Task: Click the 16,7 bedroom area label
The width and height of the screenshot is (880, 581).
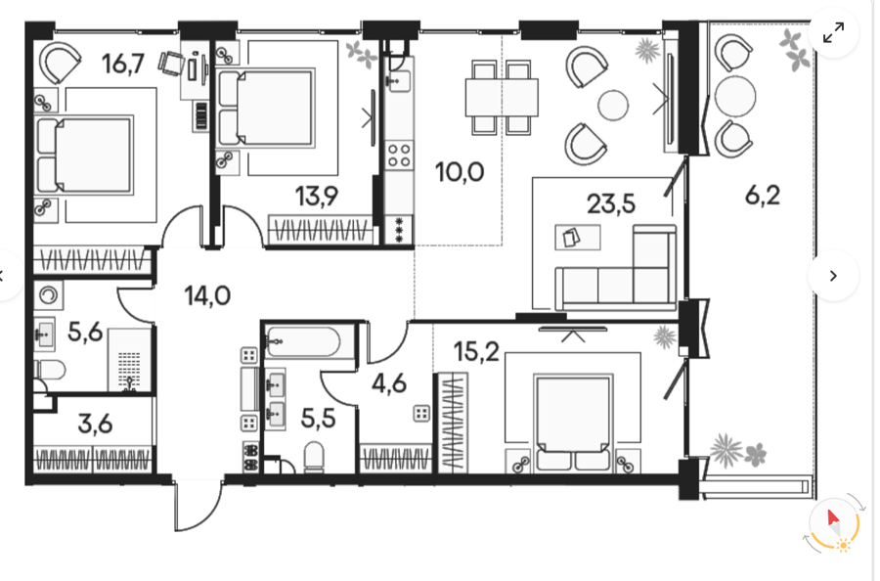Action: [x=123, y=64]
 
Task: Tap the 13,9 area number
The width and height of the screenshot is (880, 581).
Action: [x=317, y=197]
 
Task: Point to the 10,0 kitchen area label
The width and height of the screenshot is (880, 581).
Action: [x=460, y=172]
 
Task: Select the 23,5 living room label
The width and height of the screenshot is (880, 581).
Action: [x=611, y=203]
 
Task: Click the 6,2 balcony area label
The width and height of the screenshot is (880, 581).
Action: [x=763, y=196]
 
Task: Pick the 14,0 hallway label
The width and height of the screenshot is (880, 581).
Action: [x=207, y=295]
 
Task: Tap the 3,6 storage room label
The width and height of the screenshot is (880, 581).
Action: [x=96, y=424]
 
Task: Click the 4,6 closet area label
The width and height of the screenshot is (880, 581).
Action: [x=389, y=383]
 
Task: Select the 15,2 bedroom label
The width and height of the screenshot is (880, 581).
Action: [x=476, y=352]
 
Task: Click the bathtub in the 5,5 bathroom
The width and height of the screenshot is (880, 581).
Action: [x=304, y=341]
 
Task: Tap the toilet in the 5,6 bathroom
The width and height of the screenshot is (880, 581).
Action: [x=50, y=370]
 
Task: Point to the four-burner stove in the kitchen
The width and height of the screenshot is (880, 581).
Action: [x=399, y=156]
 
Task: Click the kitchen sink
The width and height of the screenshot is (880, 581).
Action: [x=398, y=81]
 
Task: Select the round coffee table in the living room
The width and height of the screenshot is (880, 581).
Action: [x=613, y=105]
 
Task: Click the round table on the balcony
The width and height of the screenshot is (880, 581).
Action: [x=735, y=96]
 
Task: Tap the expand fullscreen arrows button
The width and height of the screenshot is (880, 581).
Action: [x=833, y=32]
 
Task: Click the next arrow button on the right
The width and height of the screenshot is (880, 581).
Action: [x=833, y=276]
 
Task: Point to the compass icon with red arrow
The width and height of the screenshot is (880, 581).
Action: [x=834, y=523]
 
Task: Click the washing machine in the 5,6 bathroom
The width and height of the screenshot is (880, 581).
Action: [x=48, y=295]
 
